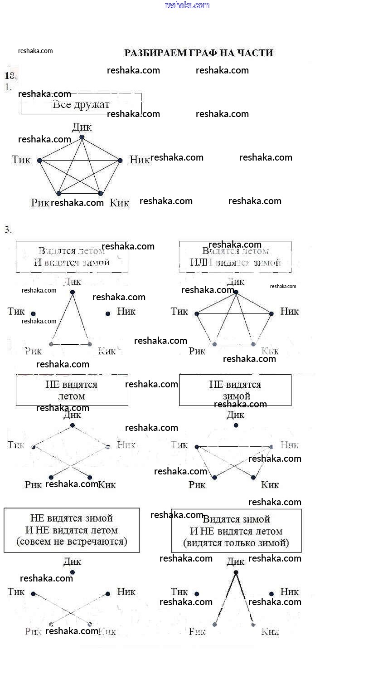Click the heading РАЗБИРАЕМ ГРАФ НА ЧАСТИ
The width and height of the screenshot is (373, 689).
tap(199, 53)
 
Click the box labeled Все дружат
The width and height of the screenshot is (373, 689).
tap(81, 104)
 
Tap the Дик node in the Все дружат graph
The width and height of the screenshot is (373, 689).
tap(82, 137)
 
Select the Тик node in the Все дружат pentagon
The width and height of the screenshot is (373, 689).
tap(39, 161)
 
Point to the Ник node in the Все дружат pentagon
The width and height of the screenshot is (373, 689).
tap(120, 160)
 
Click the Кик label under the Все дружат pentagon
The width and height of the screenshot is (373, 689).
tap(119, 203)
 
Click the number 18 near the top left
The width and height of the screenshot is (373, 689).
tap(10, 76)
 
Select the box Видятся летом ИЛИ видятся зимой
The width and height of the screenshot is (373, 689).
tap(235, 257)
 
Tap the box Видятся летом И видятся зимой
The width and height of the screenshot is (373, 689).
tap(72, 257)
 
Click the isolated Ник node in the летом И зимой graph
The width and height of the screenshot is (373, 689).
tap(108, 313)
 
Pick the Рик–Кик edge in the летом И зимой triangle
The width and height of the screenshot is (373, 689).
tap(70, 344)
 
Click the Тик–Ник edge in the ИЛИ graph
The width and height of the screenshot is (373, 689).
tap(234, 313)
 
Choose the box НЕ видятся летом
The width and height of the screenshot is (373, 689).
tap(72, 390)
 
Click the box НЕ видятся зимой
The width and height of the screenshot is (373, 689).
tap(235, 390)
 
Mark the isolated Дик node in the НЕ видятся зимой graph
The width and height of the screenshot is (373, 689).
tap(236, 425)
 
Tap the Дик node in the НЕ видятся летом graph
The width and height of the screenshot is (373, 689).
tap(73, 425)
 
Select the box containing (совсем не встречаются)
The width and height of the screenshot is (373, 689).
tap(72, 530)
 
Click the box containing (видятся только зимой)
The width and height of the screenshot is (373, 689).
tap(236, 531)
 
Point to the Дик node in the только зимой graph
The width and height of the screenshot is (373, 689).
tap(236, 572)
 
